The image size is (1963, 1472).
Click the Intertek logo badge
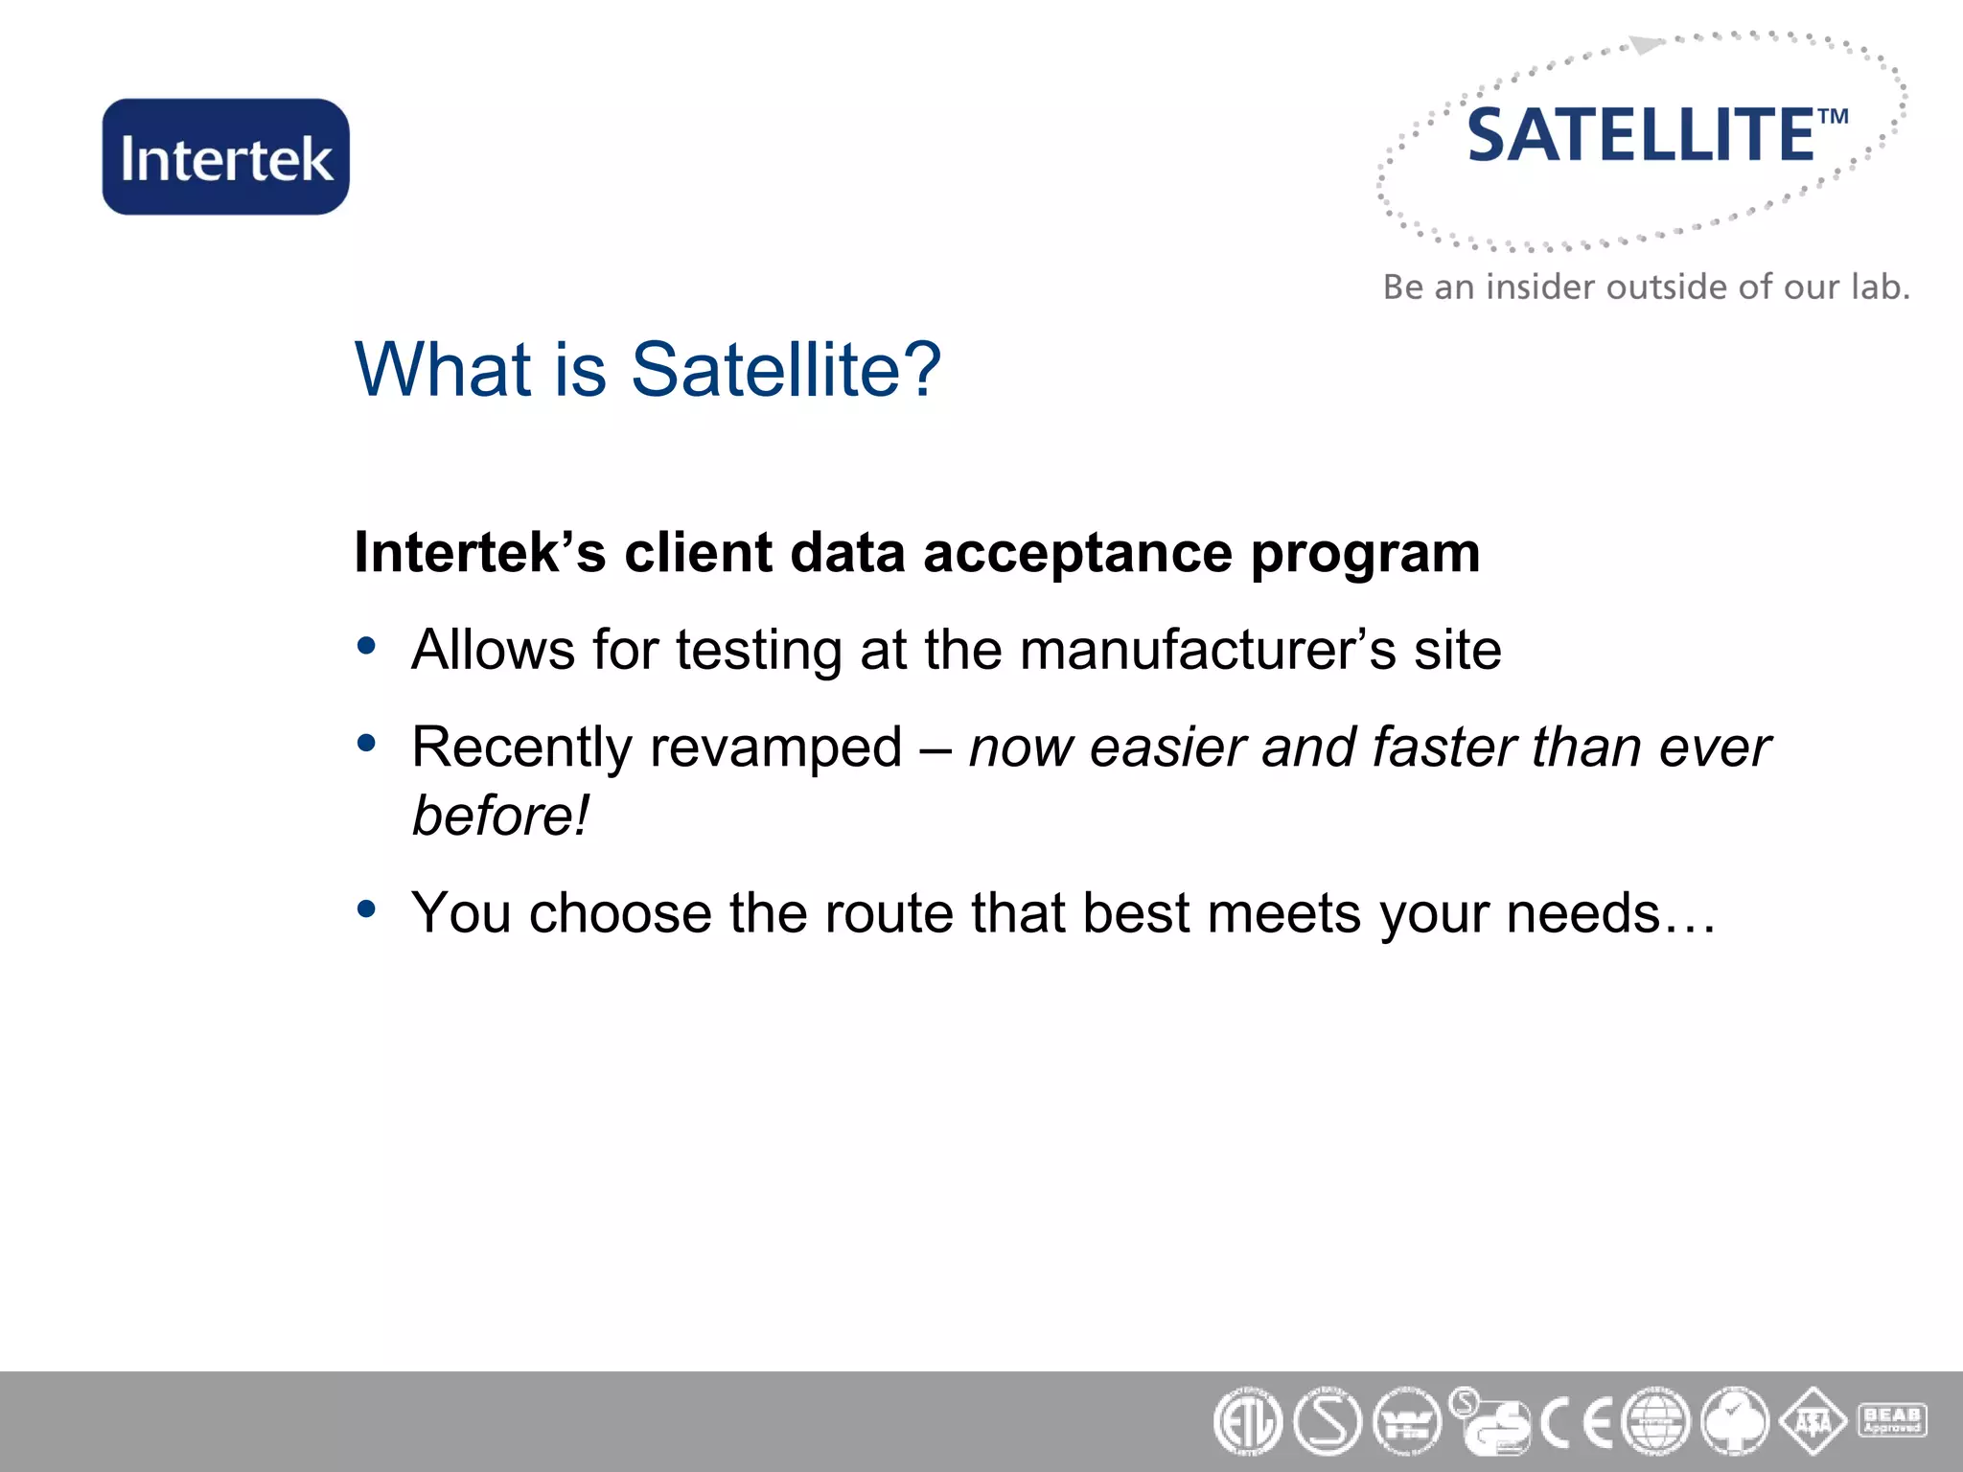point(226,157)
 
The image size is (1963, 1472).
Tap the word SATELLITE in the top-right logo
point(1640,136)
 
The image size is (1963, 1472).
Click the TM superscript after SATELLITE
point(1833,117)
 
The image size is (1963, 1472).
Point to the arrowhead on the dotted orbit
point(1647,45)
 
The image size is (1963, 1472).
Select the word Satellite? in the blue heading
point(786,370)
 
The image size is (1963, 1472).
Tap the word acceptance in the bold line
point(1077,554)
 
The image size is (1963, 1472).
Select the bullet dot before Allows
point(366,646)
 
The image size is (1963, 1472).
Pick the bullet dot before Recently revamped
point(366,743)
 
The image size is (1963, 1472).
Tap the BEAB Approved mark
point(1892,1419)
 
